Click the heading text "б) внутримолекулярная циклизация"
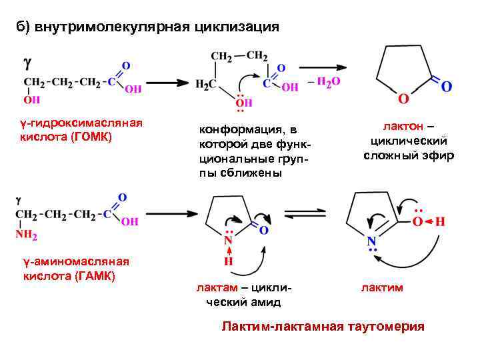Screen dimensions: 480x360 (147, 27)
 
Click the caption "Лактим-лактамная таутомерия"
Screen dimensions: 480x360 (323, 327)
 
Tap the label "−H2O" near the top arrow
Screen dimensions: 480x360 (325, 81)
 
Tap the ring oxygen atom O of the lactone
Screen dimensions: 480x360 (402, 99)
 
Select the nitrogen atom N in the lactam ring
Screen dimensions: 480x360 (228, 240)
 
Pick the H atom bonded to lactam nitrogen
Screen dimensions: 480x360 (228, 262)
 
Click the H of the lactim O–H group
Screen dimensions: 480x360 (440, 221)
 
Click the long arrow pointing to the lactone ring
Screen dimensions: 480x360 (323, 67)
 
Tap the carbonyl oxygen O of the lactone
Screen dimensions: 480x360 (446, 87)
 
